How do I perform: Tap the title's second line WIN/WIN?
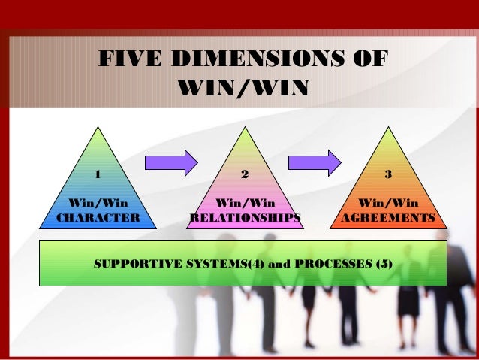pos(242,87)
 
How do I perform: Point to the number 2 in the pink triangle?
pos(244,175)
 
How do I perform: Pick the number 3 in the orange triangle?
pos(387,174)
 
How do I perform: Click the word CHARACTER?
pos(98,218)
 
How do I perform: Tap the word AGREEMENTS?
pos(387,218)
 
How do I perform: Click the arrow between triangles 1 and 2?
pos(170,161)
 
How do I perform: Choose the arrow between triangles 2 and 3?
pos(315,162)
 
